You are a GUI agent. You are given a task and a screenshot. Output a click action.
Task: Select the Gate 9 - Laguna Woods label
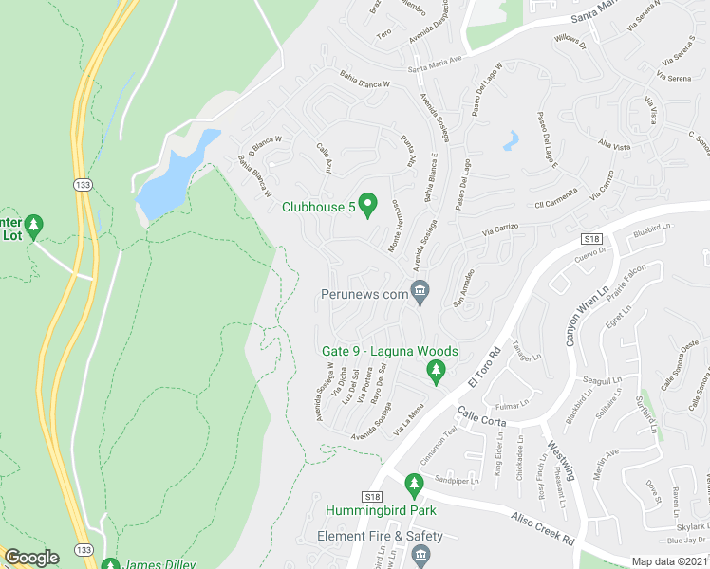pyautogui.click(x=390, y=351)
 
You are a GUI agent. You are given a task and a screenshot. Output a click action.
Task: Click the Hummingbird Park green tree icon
pyautogui.click(x=413, y=485)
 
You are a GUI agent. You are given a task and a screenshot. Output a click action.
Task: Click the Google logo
pyautogui.click(x=30, y=558)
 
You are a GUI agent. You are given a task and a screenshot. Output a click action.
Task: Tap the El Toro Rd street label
pyautogui.click(x=484, y=365)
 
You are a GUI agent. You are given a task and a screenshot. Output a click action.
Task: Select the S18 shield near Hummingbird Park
pyautogui.click(x=371, y=496)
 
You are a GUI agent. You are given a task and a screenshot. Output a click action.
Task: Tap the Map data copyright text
pyautogui.click(x=670, y=561)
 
